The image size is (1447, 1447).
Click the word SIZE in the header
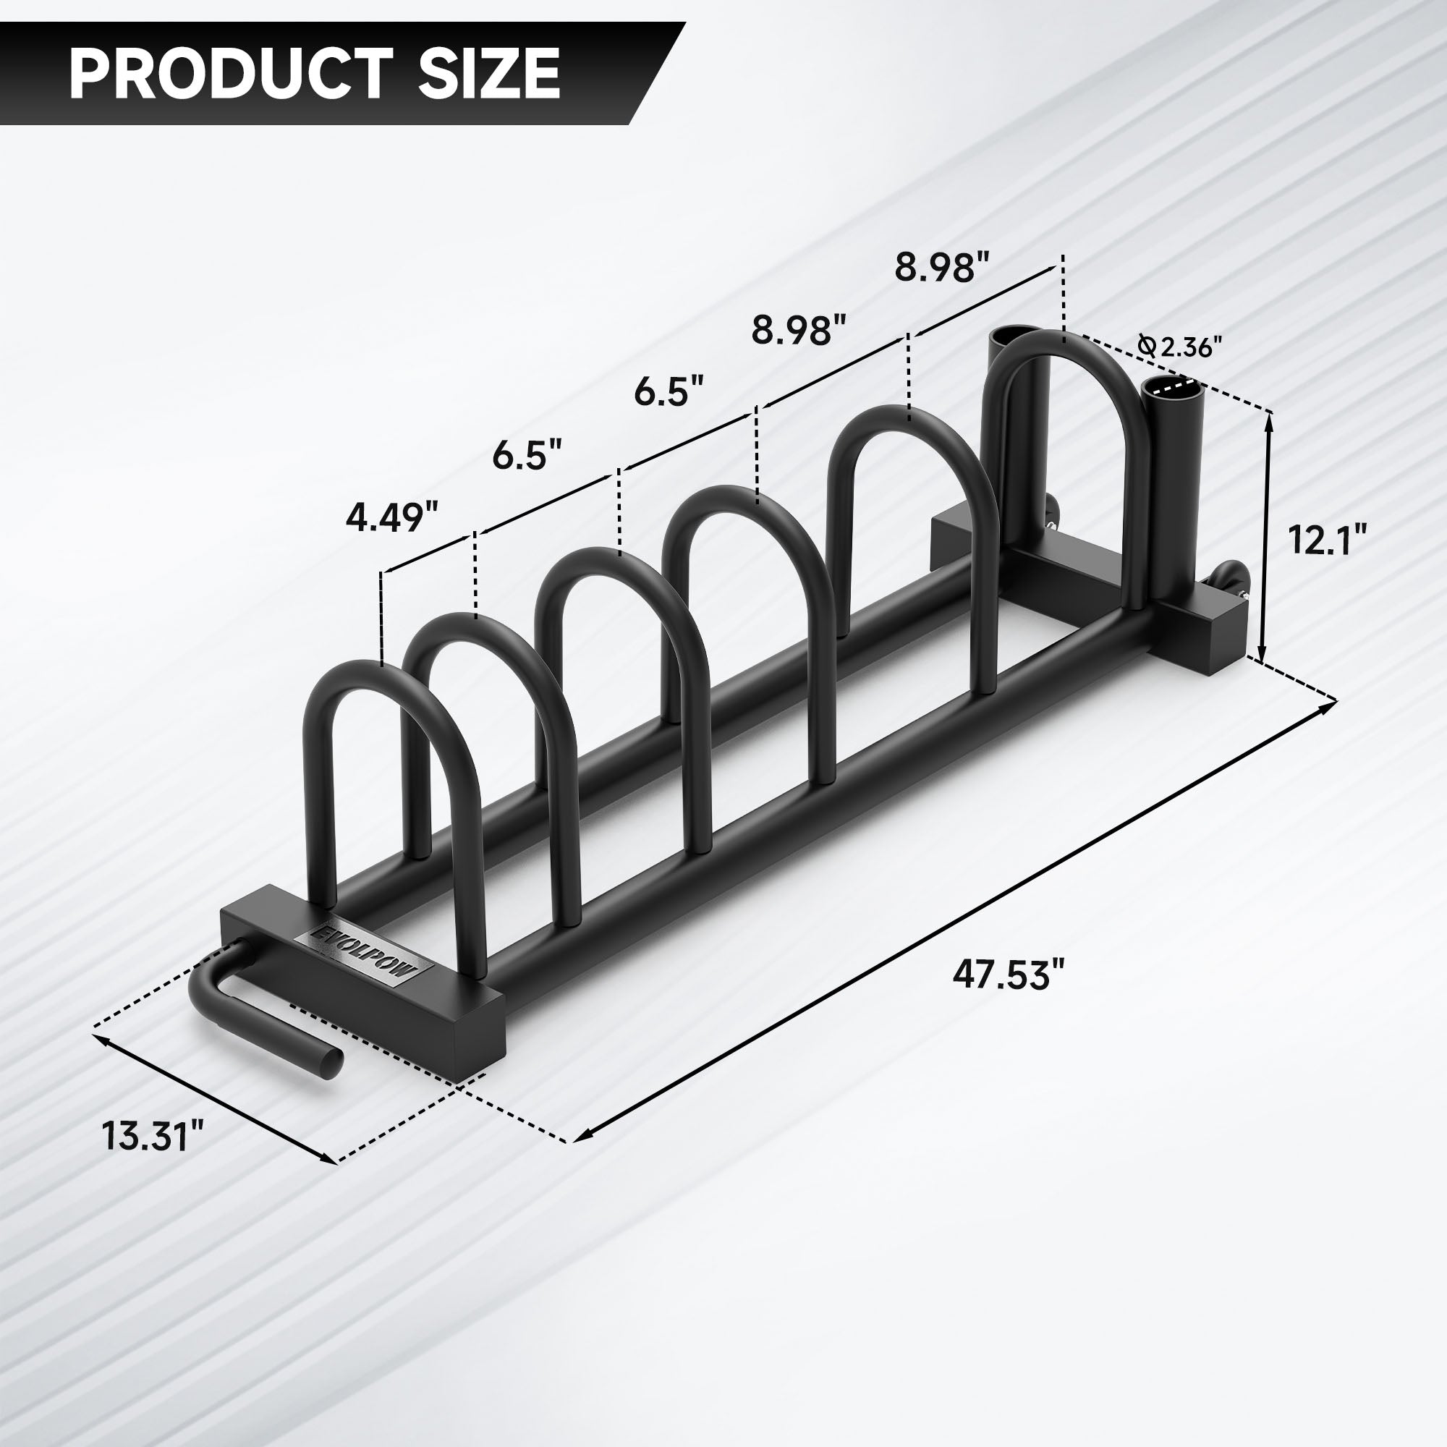(488, 73)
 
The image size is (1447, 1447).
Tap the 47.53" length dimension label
(1007, 975)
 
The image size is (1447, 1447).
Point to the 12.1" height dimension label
(1327, 539)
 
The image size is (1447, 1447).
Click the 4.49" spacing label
(391, 517)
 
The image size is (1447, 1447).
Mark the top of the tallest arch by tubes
(1064, 344)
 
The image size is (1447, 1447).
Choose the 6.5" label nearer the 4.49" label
(527, 454)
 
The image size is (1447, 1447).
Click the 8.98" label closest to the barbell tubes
(942, 268)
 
